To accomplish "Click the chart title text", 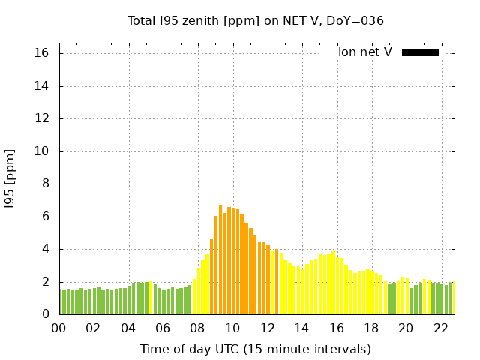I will point(256,20).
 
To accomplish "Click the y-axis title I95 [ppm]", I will point(10,178).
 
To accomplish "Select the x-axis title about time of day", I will point(255,349).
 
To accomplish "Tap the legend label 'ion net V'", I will point(365,52).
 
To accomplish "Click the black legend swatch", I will point(420,52).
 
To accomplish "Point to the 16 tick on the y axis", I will point(41,53).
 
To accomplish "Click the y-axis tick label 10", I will point(41,151).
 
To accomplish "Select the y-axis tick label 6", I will point(45,217).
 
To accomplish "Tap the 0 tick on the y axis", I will point(45,315).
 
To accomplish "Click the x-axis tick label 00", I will point(59,328).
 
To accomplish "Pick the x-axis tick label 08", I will point(198,328).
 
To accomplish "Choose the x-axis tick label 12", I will point(267,328).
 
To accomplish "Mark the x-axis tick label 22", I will point(440,328).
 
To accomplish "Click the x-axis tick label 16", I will point(336,328).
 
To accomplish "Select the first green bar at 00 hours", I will point(61,301).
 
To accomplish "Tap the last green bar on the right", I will point(451,298).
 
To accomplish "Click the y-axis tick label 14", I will point(41,86).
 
